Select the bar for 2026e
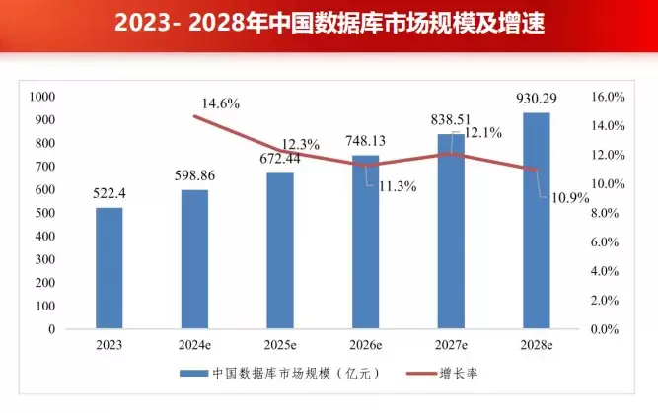tap(366, 241)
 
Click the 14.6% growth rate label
tap(221, 103)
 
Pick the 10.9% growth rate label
tap(569, 198)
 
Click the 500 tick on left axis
tap(46, 213)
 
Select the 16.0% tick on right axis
tap(608, 98)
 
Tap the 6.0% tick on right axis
tap(611, 242)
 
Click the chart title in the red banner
tap(329, 22)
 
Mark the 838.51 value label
tap(451, 119)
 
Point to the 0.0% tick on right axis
tap(611, 329)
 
